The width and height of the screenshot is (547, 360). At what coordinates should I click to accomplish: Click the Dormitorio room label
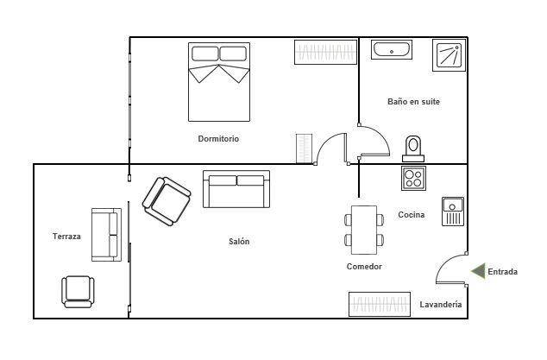point(218,139)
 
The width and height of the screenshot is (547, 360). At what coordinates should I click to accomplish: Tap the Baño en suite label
point(413,102)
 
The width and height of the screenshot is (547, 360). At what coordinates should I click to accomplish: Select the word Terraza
point(66,237)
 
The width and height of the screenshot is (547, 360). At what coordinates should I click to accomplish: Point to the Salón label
point(239,241)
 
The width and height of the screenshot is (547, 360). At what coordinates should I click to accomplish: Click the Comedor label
point(364,267)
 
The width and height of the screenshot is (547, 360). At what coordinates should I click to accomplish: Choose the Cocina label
point(412,215)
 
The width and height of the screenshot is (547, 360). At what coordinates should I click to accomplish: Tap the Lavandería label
point(441,305)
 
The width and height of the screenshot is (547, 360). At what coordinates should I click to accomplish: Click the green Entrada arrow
point(478,271)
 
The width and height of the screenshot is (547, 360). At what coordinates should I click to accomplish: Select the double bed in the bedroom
point(219,82)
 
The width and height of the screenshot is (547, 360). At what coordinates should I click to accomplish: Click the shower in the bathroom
point(449,55)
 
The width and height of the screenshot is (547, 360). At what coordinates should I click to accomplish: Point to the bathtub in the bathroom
point(392,50)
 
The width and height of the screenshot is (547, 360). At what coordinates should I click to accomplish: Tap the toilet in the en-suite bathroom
point(413,148)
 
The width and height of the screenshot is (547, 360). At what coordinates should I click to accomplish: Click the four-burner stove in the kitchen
point(413,178)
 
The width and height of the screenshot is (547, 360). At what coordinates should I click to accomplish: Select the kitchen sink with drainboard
point(453,212)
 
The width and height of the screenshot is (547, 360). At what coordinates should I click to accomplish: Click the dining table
point(364,231)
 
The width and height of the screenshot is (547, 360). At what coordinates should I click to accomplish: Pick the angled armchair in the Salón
point(167,201)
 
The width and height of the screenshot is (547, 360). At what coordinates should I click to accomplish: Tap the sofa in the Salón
point(236,189)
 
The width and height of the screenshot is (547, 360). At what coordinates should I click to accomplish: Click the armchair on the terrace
point(78,292)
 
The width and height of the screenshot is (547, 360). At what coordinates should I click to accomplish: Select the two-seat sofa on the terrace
point(106,235)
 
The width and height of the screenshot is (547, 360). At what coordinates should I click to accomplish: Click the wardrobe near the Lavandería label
point(380,304)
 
